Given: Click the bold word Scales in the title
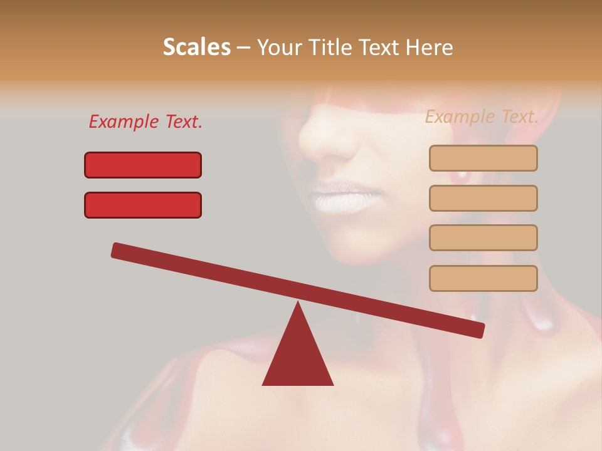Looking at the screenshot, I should click(x=196, y=47).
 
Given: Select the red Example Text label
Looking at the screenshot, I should click(x=145, y=122).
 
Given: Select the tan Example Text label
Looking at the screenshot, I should click(x=482, y=117).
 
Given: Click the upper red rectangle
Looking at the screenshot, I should click(x=143, y=165).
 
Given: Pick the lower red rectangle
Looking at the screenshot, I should click(x=143, y=205).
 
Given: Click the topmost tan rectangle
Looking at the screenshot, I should click(x=483, y=158).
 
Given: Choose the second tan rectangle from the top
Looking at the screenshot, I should click(x=483, y=198).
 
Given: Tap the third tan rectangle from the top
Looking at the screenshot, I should click(x=483, y=237).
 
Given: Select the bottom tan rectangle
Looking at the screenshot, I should click(x=483, y=278).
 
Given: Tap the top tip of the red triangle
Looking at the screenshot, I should click(x=298, y=304).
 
